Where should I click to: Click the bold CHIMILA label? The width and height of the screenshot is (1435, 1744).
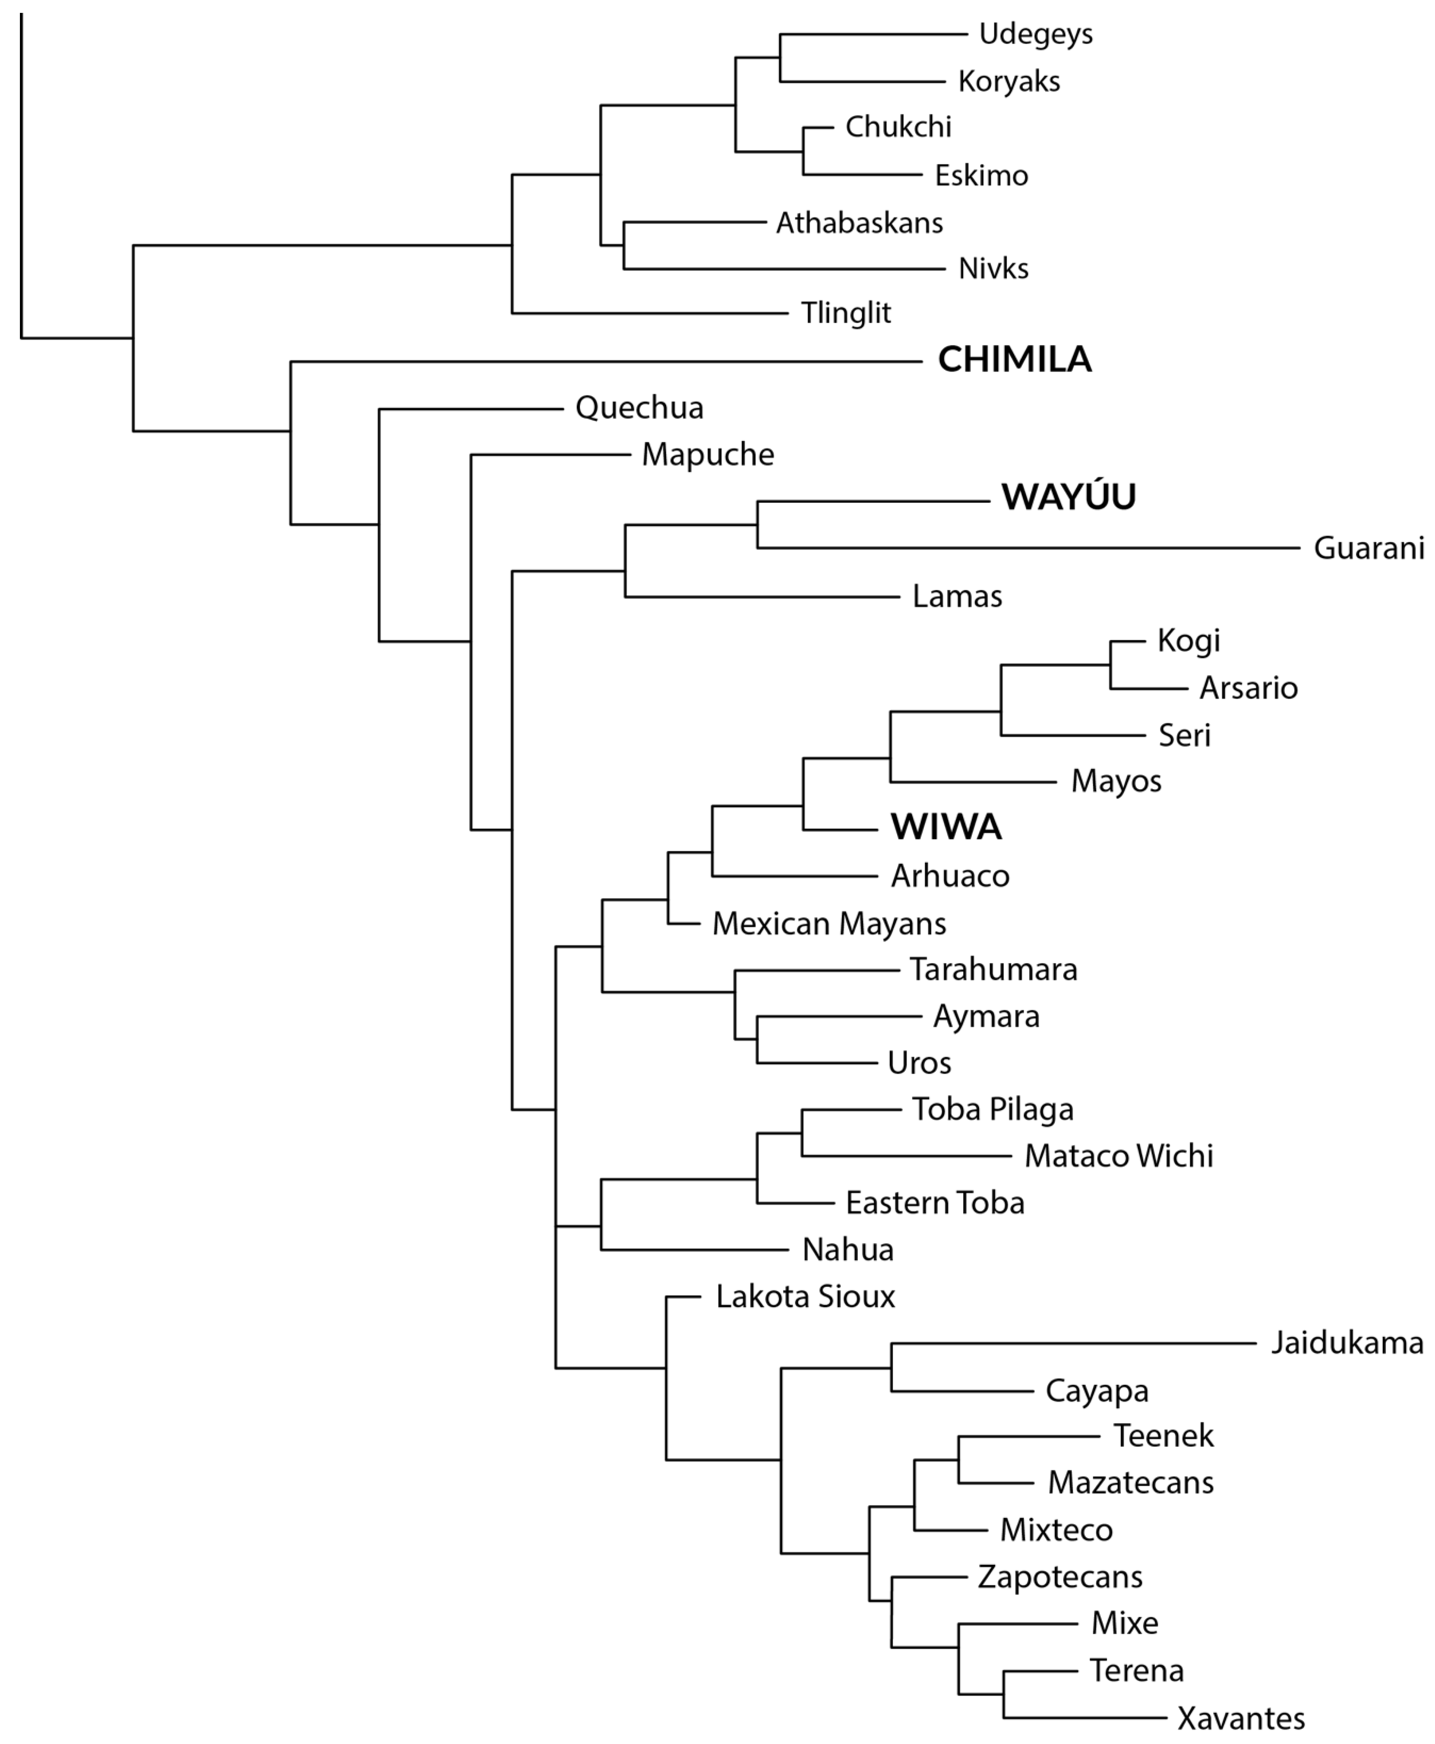tap(1014, 359)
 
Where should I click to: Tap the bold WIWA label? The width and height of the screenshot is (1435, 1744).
tap(946, 827)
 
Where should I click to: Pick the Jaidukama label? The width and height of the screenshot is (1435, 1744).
tap(1346, 1343)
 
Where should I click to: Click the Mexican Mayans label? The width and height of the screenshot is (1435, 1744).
tap(829, 923)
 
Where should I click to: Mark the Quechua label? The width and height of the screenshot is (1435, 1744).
tap(639, 408)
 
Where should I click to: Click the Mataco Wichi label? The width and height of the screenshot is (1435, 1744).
tap(1118, 1155)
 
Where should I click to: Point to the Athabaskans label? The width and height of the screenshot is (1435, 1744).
tap(859, 222)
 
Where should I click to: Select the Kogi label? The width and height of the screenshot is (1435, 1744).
tap(1188, 641)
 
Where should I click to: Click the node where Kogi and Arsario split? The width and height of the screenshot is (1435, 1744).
tap(1110, 664)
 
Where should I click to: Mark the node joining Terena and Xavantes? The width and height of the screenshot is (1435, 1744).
tap(1003, 1694)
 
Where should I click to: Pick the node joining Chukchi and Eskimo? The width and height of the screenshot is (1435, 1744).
tap(803, 151)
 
